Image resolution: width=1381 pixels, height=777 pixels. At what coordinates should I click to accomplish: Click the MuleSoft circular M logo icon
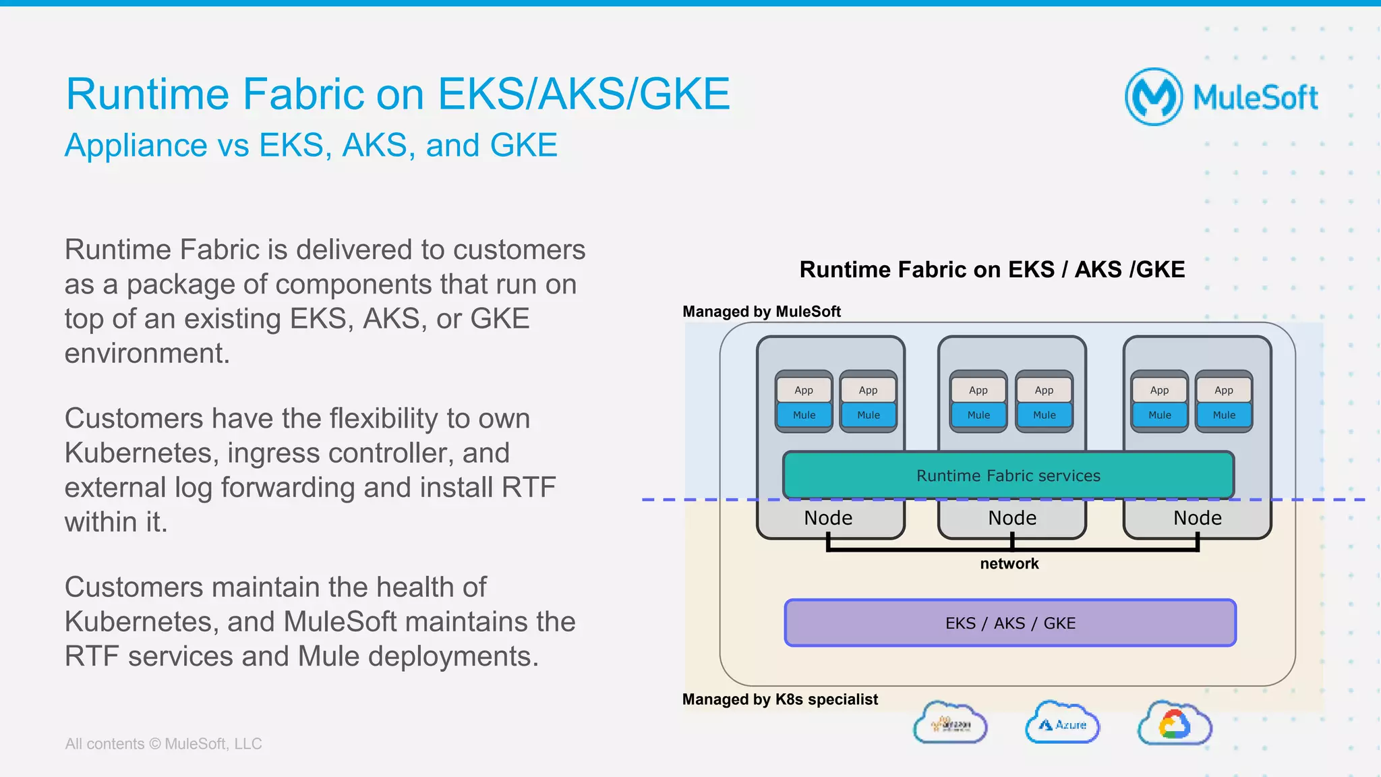[x=1154, y=96]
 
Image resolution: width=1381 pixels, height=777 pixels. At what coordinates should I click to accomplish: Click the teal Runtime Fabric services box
[x=1008, y=476]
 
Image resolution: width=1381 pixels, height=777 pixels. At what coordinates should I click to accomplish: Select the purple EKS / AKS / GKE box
[x=1010, y=623]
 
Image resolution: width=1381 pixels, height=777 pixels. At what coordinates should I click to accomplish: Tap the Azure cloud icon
[x=1062, y=724]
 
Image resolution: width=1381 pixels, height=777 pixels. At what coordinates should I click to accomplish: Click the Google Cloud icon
[x=1174, y=724]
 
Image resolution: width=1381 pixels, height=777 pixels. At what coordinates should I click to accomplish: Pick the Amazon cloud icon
[x=950, y=724]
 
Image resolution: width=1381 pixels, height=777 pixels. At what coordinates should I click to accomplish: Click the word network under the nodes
[x=1009, y=564]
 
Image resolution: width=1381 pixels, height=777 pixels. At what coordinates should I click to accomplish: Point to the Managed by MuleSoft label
[x=761, y=312]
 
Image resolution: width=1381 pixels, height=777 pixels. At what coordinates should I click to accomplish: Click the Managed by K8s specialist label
[x=780, y=699]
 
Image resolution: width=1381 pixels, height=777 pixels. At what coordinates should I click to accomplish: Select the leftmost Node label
[x=828, y=518]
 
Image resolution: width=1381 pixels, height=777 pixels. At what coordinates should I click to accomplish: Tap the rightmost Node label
[x=1197, y=518]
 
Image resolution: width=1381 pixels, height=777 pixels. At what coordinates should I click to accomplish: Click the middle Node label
[x=1012, y=518]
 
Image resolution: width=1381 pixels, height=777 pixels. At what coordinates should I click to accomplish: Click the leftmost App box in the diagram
[x=804, y=390]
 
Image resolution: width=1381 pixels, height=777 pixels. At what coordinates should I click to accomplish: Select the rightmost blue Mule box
[x=1224, y=415]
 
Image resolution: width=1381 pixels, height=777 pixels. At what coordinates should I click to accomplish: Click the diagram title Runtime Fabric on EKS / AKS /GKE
[x=991, y=270]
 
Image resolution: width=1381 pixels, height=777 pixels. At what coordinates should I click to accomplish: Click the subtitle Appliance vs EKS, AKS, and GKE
[x=311, y=145]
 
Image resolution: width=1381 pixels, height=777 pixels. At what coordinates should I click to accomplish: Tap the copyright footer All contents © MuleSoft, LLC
[x=163, y=743]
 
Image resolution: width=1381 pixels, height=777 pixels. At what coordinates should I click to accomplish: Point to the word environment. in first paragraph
[x=147, y=353]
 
